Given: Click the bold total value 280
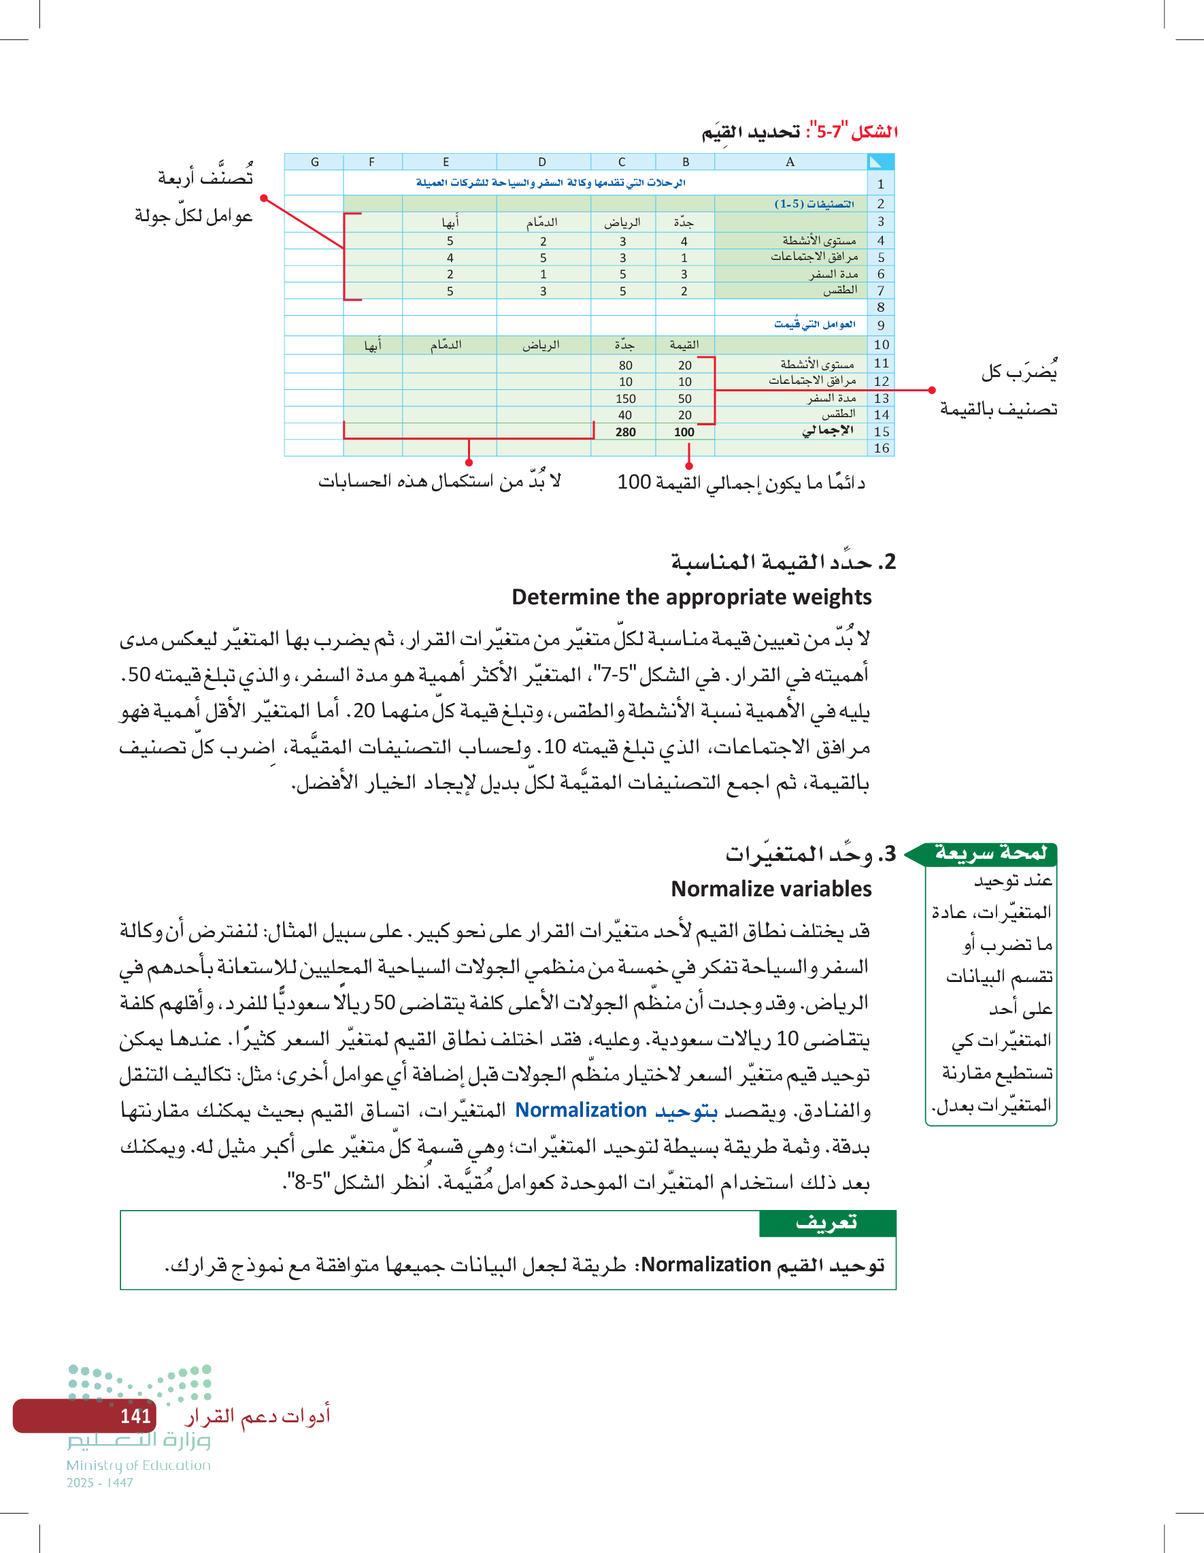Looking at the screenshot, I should coord(625,431).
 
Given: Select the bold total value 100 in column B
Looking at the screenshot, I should coord(684,431).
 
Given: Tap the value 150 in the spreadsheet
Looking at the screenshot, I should coord(625,399).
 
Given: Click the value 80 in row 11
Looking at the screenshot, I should coord(625,365).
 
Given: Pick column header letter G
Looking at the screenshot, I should coord(315,162).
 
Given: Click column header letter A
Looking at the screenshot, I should coord(790,162).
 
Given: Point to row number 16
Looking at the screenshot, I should coord(882,448).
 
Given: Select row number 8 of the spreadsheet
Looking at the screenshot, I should coord(881,307).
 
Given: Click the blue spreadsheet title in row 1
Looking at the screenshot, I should coord(551,184).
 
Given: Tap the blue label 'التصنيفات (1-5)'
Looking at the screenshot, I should coord(814,204).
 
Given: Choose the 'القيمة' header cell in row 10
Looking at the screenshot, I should coord(684,345).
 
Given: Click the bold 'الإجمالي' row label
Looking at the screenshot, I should coord(827,431).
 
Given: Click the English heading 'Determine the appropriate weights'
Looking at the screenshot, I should coord(692,598).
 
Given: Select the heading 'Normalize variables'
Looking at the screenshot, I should coord(771,889).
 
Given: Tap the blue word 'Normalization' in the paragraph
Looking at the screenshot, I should coord(581,1110).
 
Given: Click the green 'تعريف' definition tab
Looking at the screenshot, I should coord(827,1223).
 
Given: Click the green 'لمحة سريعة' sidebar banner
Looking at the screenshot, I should coord(989,853).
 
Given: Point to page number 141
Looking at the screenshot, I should coord(135,1416).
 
